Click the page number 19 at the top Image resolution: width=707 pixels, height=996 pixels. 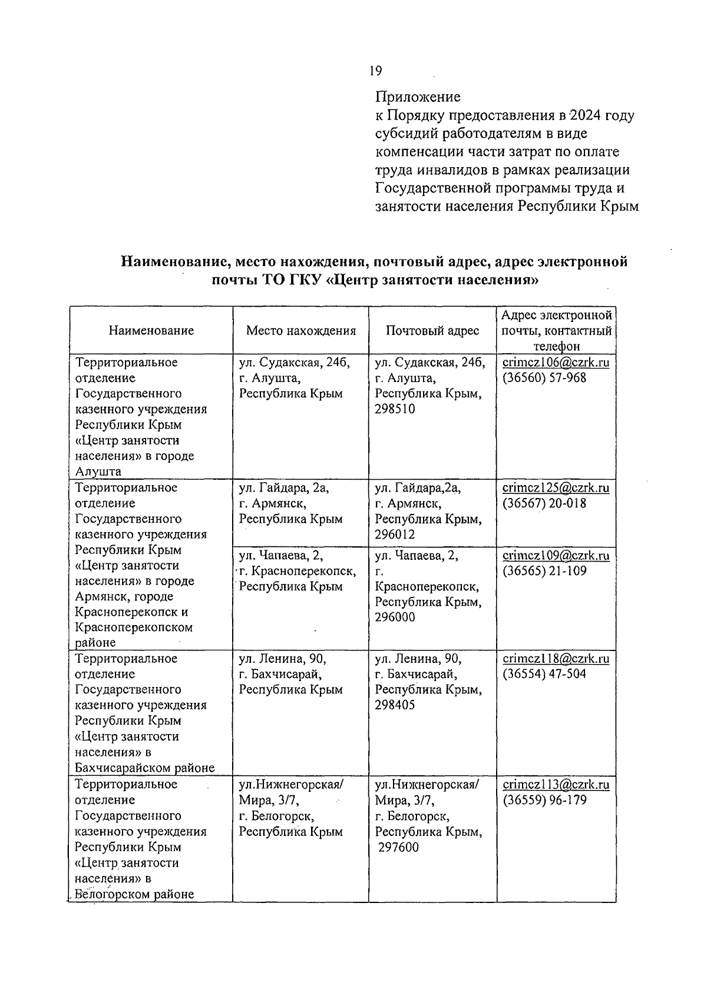point(375,71)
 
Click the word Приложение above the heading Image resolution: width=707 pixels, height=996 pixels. point(418,97)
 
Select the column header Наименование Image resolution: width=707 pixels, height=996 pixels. point(151,331)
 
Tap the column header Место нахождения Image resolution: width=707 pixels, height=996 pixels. point(301,331)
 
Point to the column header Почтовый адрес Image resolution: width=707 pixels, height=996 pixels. point(432,331)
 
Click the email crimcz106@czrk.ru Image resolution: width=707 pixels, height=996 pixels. point(556,363)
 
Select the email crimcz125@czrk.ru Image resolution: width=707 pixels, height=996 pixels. point(556,488)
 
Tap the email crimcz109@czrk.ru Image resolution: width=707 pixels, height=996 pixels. point(556,556)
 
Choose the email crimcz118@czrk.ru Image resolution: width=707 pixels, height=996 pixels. point(556,659)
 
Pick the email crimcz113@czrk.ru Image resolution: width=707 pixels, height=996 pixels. point(556,785)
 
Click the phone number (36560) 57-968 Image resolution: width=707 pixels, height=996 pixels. point(544,378)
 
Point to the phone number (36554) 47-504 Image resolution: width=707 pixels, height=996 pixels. point(544,674)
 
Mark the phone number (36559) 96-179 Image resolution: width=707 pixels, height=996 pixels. point(544,801)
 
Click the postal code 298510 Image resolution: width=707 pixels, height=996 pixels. point(395,409)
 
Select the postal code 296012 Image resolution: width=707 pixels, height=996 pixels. point(395,534)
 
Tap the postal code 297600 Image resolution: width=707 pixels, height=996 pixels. point(398,848)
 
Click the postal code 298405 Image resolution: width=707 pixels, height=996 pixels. point(395,705)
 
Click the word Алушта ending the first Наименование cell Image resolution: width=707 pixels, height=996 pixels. point(98,472)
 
